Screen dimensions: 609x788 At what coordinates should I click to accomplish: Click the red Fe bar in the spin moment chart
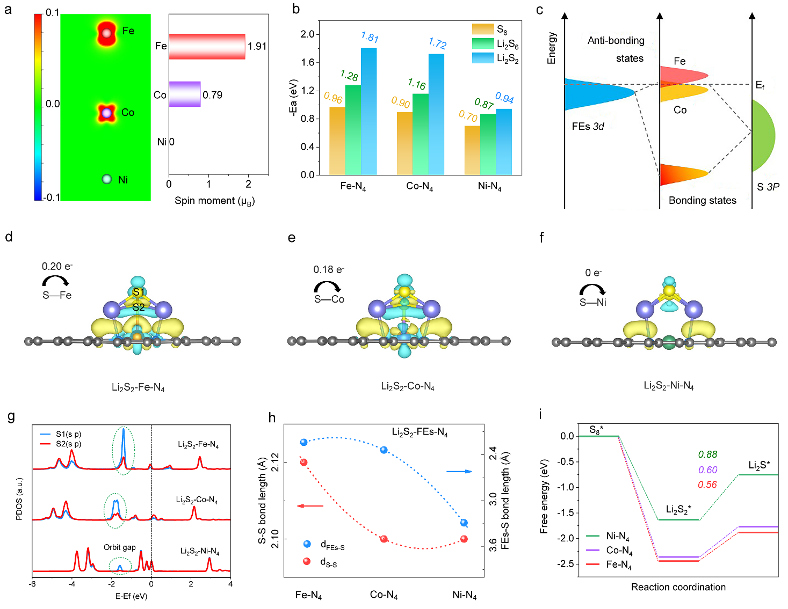(x=207, y=46)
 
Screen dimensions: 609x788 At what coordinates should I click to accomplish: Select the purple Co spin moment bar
(x=185, y=94)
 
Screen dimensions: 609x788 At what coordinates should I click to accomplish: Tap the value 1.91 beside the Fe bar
(x=257, y=46)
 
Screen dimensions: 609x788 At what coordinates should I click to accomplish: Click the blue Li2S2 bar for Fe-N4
(x=368, y=111)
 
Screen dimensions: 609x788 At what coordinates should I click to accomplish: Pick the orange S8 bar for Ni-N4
(x=472, y=150)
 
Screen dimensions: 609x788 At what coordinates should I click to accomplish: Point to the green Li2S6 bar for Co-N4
(x=421, y=134)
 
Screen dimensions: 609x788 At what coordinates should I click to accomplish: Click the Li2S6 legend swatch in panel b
(x=483, y=43)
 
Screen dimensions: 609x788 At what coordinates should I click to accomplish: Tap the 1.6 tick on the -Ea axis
(x=307, y=62)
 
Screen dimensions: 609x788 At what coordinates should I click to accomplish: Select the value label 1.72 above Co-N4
(x=437, y=43)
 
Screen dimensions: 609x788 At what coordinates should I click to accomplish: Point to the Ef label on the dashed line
(x=760, y=85)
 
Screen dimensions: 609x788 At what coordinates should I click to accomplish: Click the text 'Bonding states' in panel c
(x=702, y=200)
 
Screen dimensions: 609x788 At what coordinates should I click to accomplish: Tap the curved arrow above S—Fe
(x=56, y=281)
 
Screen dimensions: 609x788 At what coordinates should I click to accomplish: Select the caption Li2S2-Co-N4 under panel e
(x=407, y=386)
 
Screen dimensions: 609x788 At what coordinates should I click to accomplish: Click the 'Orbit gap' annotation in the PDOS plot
(x=119, y=547)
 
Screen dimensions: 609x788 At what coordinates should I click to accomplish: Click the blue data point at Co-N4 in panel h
(x=384, y=450)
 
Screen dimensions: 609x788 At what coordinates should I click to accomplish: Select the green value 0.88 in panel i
(x=707, y=454)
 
